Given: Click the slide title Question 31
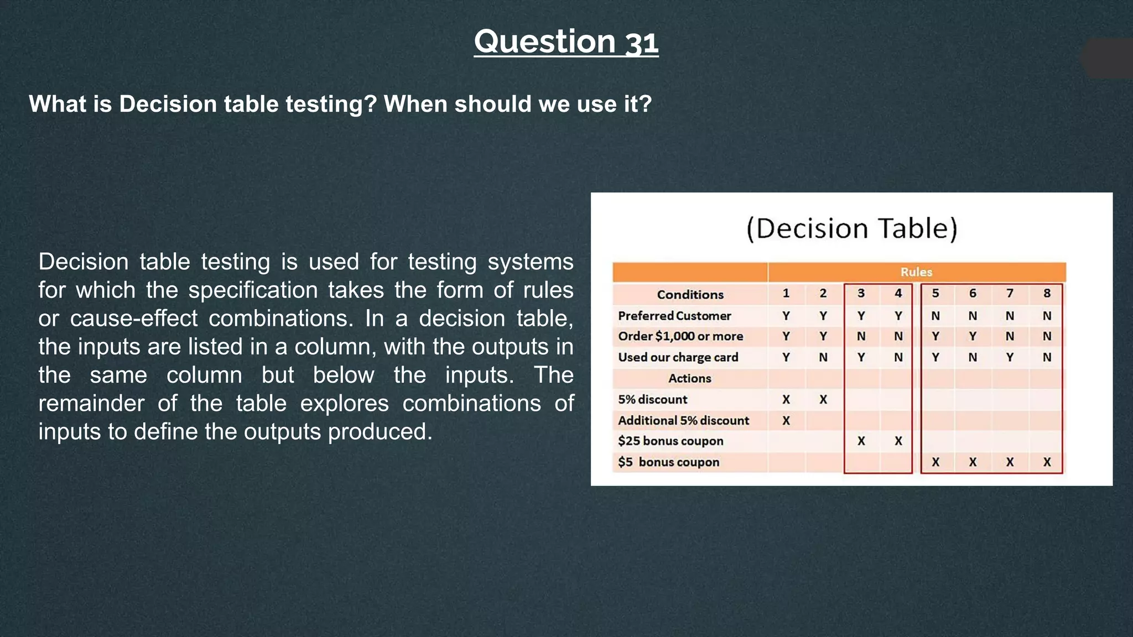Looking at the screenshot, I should click(x=566, y=42).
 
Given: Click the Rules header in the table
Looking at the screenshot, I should click(x=916, y=272).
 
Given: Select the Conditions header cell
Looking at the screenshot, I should click(x=690, y=295).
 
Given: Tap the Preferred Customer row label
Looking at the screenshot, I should click(x=674, y=316).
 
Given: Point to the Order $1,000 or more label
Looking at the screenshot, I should click(x=680, y=336).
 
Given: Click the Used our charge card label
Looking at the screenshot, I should click(x=678, y=357).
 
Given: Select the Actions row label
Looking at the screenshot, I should click(x=689, y=378).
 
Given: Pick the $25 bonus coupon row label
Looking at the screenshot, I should click(x=671, y=441).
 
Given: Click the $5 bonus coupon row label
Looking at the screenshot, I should click(x=668, y=462).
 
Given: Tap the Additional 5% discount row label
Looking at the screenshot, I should click(x=683, y=420).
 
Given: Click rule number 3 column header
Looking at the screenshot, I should click(x=861, y=293).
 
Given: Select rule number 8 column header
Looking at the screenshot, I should click(x=1047, y=293).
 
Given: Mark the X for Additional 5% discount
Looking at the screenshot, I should click(x=786, y=421).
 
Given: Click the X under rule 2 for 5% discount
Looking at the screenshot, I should click(x=823, y=400).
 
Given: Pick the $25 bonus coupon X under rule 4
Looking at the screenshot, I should click(x=898, y=441).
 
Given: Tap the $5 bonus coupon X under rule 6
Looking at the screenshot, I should click(x=972, y=462).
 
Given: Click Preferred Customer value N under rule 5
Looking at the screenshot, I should click(x=935, y=316).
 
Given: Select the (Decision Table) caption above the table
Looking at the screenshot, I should click(x=851, y=228).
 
